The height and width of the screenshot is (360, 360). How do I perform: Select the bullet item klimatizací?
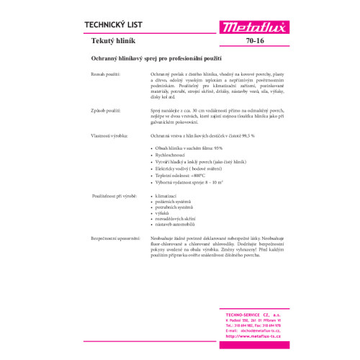166,215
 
